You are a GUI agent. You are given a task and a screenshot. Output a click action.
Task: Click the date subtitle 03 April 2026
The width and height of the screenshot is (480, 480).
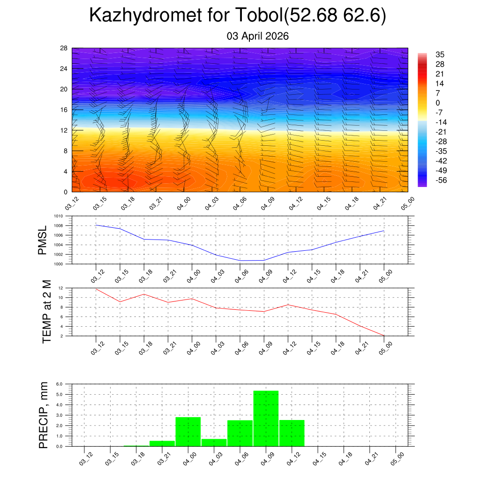[257, 36]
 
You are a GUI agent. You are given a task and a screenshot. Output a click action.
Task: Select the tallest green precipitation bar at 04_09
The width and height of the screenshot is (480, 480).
[266, 418]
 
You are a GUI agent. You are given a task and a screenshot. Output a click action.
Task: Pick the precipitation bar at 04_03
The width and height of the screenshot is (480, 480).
[214, 442]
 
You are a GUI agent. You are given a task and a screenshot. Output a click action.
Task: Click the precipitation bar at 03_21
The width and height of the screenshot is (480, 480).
[162, 443]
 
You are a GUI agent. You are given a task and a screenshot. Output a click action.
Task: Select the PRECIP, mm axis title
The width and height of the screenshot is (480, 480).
[44, 414]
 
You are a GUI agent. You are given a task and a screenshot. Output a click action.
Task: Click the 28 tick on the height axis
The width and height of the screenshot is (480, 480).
[64, 48]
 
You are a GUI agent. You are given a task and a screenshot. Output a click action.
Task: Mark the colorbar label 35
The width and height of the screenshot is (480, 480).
[440, 54]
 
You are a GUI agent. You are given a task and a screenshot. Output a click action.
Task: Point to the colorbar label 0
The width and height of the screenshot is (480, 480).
[438, 103]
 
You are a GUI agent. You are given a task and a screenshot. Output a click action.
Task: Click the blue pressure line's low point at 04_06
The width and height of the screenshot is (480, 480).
[240, 260]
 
